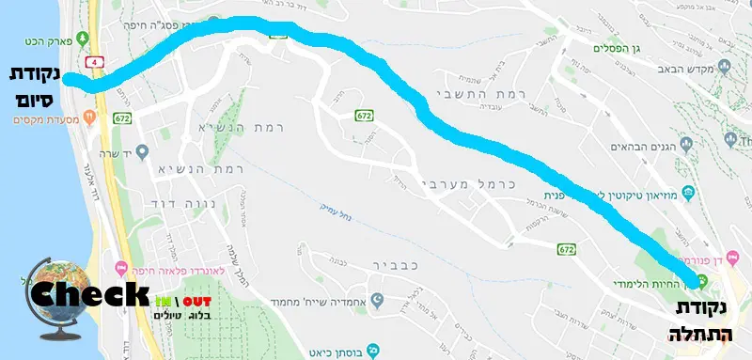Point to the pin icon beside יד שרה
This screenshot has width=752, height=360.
point(142,150)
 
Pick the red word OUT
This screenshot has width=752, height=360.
point(197,301)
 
